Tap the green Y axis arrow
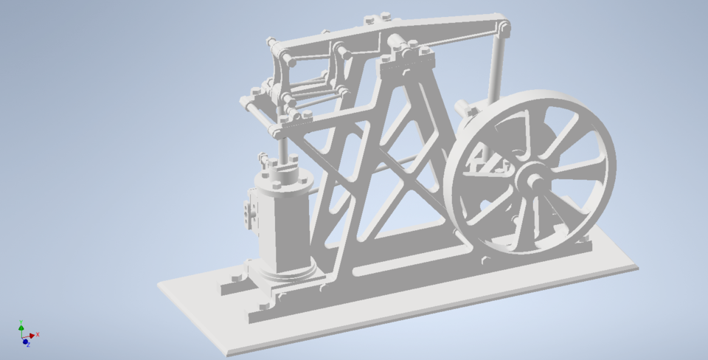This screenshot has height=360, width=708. coord(21,326)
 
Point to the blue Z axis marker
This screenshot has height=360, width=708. coord(26,342)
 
